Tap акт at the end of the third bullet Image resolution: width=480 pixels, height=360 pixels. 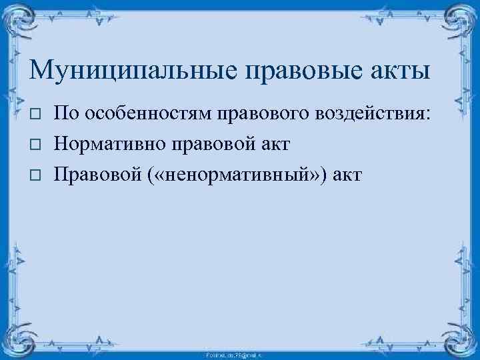coord(347,174)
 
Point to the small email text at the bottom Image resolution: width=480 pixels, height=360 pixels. coord(239,354)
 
